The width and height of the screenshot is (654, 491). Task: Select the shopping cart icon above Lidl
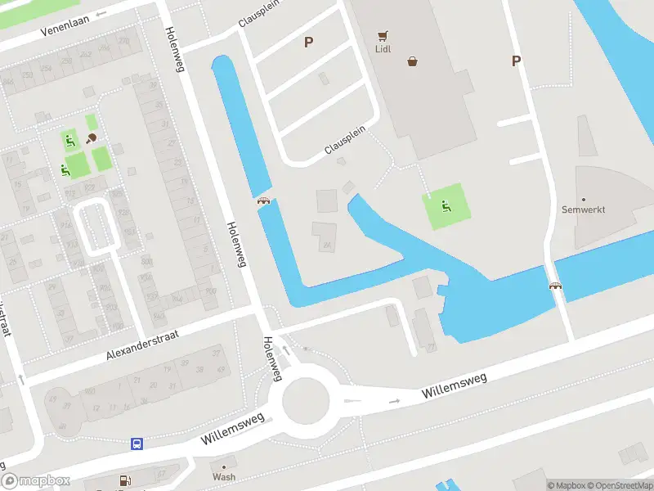click(382, 36)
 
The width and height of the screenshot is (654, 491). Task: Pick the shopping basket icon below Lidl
click(413, 61)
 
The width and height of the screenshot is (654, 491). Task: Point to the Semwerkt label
click(584, 209)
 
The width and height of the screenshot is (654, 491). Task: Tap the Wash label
click(224, 476)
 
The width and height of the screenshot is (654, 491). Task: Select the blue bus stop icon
click(137, 444)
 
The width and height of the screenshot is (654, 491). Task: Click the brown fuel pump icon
click(125, 481)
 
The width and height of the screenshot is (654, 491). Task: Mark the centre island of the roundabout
click(306, 401)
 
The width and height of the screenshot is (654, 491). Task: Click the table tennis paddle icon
click(92, 137)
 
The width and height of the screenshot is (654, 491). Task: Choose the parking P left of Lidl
click(308, 43)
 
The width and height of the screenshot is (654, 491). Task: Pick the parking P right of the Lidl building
click(516, 61)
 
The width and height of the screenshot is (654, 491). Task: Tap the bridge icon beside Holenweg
click(264, 201)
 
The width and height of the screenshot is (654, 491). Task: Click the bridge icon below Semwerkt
click(556, 286)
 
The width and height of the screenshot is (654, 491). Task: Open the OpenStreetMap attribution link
click(618, 485)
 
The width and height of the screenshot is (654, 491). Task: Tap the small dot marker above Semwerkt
click(584, 199)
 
